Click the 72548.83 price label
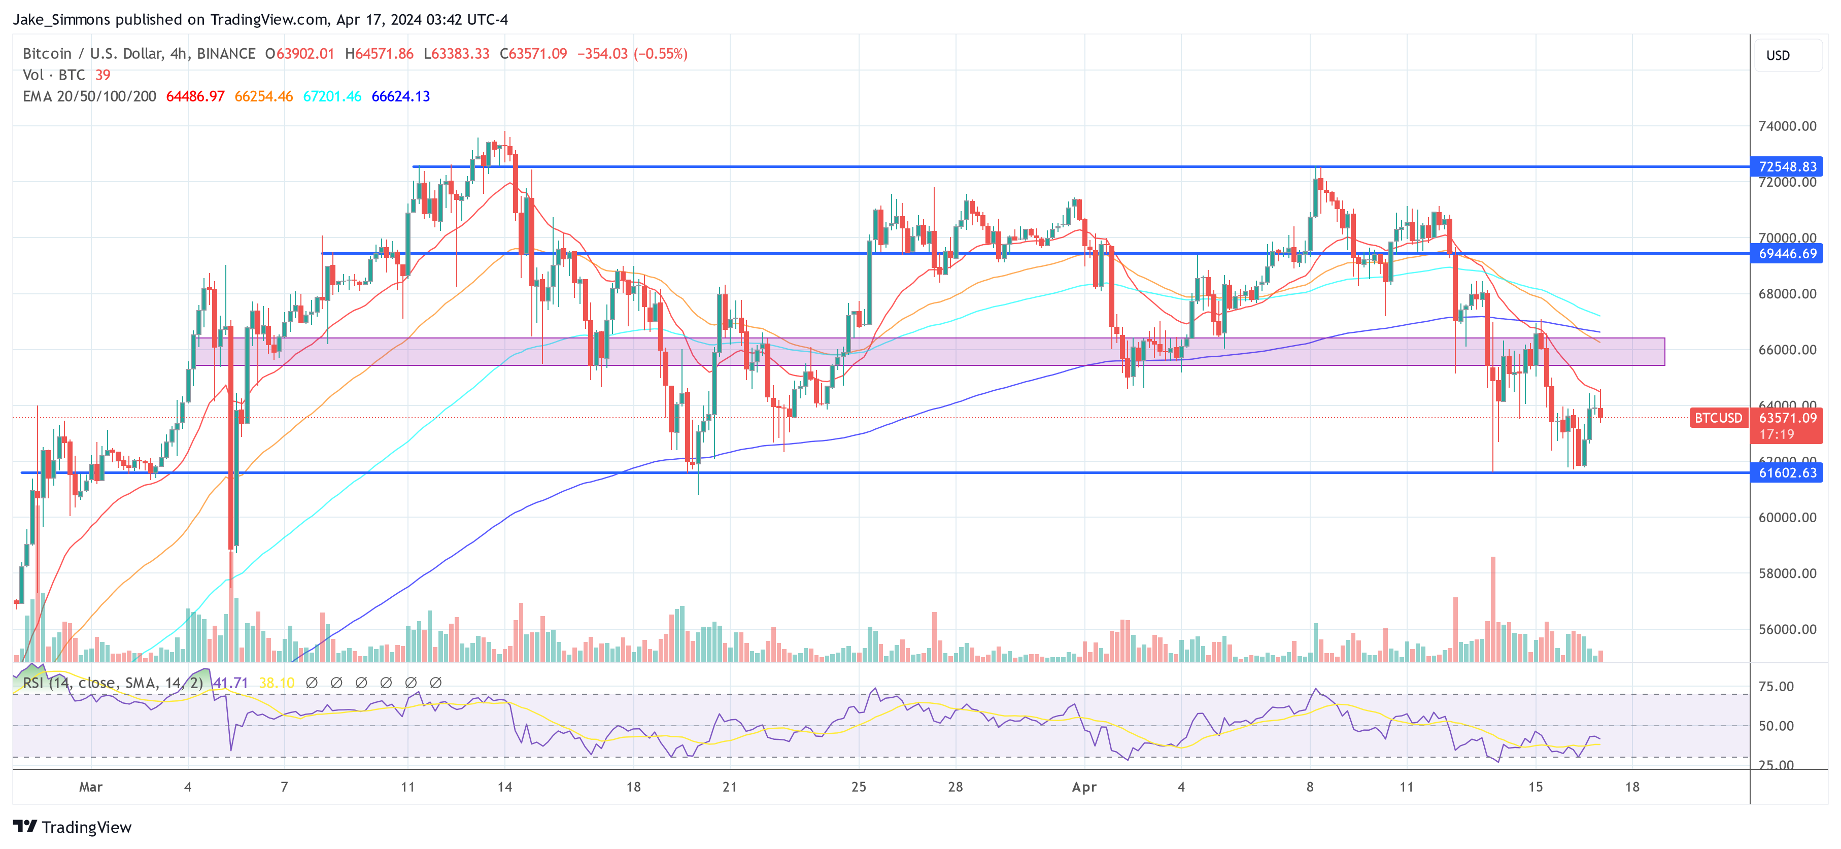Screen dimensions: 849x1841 tap(1786, 166)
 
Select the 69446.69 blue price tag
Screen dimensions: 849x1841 tap(1786, 254)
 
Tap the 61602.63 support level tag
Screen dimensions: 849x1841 tap(1786, 472)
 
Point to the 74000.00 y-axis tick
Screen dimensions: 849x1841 tap(1787, 126)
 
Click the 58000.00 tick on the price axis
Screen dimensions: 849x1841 tap(1787, 573)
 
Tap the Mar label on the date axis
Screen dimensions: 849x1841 tap(91, 787)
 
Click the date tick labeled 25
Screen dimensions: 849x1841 tap(858, 787)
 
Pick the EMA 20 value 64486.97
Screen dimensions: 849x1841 tap(195, 96)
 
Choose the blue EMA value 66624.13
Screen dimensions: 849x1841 tap(400, 96)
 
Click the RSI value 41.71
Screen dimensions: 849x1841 tap(230, 683)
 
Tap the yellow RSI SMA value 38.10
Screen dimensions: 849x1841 tap(276, 683)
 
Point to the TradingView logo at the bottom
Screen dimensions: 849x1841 tap(72, 827)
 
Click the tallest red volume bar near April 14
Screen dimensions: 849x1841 tap(1492, 607)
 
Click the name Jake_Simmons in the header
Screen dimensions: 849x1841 tap(61, 19)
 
